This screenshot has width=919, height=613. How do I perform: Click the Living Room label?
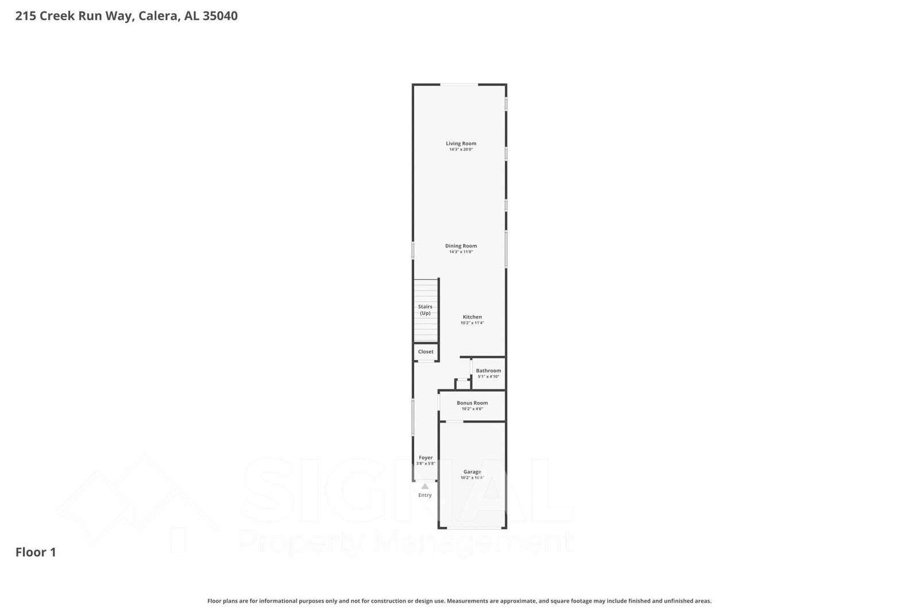point(461,143)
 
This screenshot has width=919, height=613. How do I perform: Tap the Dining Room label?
point(461,246)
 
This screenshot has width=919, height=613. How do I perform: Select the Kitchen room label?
point(472,317)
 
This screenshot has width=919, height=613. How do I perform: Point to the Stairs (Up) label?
point(425,310)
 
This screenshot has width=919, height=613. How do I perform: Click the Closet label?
point(426,351)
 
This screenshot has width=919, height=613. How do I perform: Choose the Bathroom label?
point(488,370)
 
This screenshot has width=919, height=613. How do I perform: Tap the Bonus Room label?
point(472,403)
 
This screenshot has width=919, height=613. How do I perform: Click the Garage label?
point(472,472)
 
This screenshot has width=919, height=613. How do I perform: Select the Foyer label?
point(426,458)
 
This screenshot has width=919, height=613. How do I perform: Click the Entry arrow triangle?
point(425,486)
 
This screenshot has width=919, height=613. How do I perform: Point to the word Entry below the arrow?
point(425,495)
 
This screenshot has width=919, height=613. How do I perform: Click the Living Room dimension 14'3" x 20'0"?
point(461,150)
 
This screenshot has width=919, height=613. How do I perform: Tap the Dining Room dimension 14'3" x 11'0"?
point(461,252)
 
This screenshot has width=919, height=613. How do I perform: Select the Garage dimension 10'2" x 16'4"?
point(472,478)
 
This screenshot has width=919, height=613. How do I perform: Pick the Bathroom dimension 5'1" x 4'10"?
point(488,377)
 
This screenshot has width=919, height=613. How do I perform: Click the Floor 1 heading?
point(36,552)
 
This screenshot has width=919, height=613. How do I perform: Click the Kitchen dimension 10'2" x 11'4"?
point(472,323)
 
